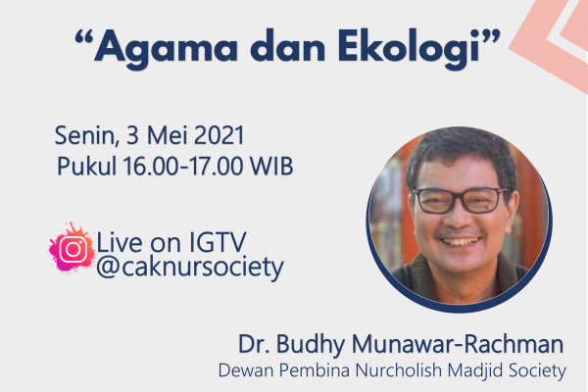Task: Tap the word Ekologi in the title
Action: (409, 48)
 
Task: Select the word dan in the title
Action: (287, 46)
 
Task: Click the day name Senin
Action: (86, 135)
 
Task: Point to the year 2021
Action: (219, 135)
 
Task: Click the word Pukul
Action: (86, 166)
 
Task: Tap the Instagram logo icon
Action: (73, 248)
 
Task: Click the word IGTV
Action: (218, 242)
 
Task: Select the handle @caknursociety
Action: (190, 268)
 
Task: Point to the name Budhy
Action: (311, 345)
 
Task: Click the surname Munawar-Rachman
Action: (458, 344)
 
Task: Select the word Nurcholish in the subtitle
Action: (399, 370)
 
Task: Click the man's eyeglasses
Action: (461, 200)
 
